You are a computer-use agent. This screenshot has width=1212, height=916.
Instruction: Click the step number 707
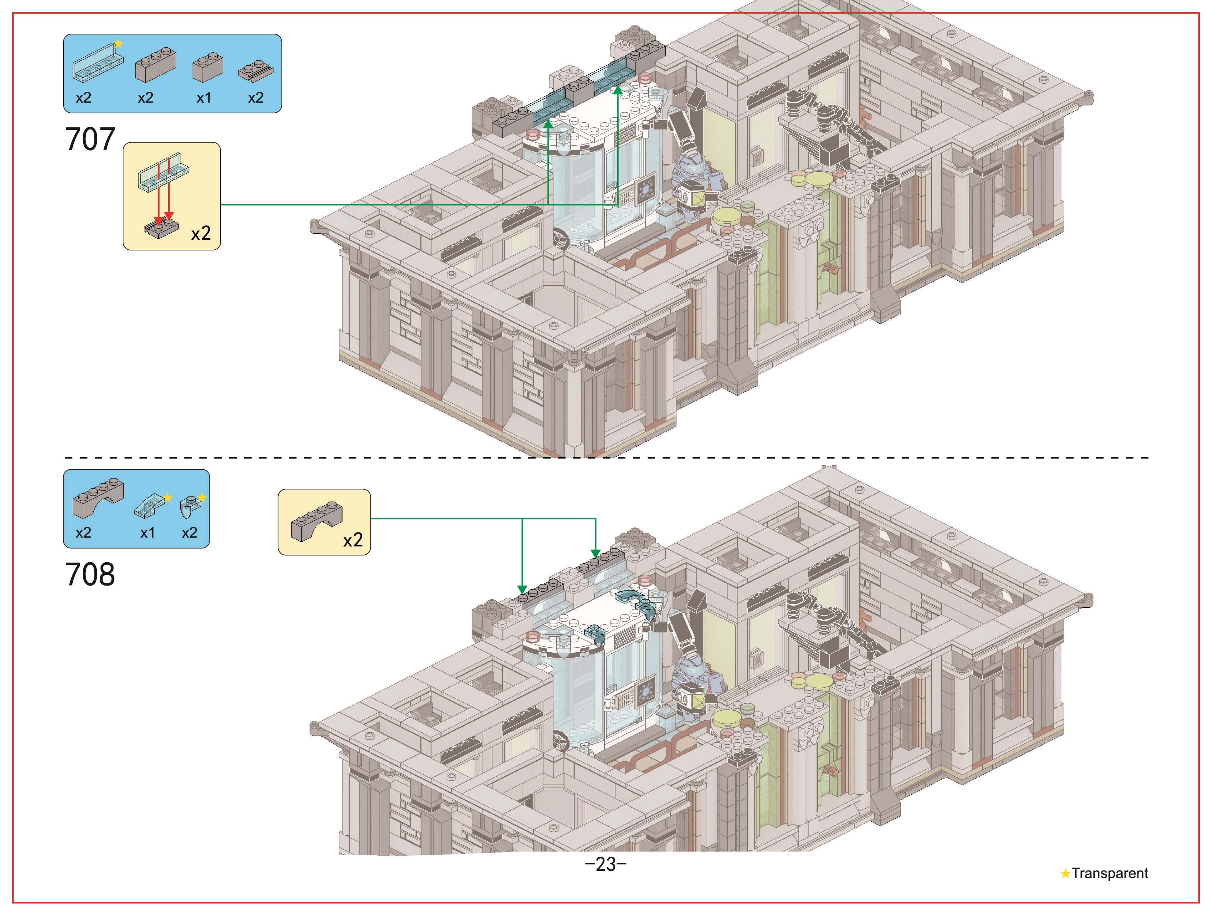[x=90, y=139]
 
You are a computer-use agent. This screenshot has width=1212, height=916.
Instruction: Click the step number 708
[x=90, y=574]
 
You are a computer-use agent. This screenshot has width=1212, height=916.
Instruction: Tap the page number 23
[x=605, y=864]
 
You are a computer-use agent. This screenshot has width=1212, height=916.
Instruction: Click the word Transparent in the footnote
[x=1109, y=873]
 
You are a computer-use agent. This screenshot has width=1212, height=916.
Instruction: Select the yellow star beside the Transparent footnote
[x=1065, y=873]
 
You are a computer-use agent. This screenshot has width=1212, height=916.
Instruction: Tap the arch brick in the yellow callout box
[x=317, y=521]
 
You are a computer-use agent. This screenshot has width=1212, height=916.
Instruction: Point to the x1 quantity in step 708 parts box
[x=147, y=533]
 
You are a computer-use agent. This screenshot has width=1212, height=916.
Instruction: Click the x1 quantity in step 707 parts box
[x=204, y=98]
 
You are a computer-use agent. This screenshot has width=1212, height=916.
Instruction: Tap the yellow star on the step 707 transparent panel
[x=118, y=44]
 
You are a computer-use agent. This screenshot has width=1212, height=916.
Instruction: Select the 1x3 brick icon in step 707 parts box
[x=156, y=64]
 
